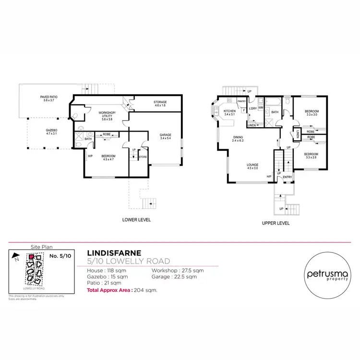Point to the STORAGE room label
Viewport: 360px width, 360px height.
point(160,104)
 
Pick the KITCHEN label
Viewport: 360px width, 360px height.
point(230,113)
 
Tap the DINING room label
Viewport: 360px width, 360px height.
point(238,139)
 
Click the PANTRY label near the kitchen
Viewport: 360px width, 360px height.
point(241,101)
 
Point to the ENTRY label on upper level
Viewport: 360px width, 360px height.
point(287,177)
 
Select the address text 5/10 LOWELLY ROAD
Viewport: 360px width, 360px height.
point(129,261)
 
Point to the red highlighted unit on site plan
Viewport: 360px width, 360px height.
point(32,257)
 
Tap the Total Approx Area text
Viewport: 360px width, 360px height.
point(122,290)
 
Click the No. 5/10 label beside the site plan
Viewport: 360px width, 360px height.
point(60,257)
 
